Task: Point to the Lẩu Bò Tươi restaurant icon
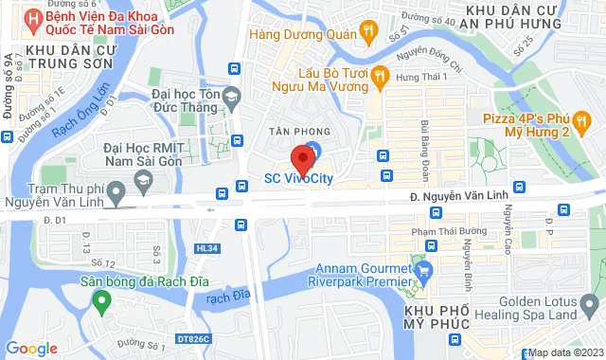[379, 76]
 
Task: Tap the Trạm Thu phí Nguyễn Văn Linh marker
[116, 194]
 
